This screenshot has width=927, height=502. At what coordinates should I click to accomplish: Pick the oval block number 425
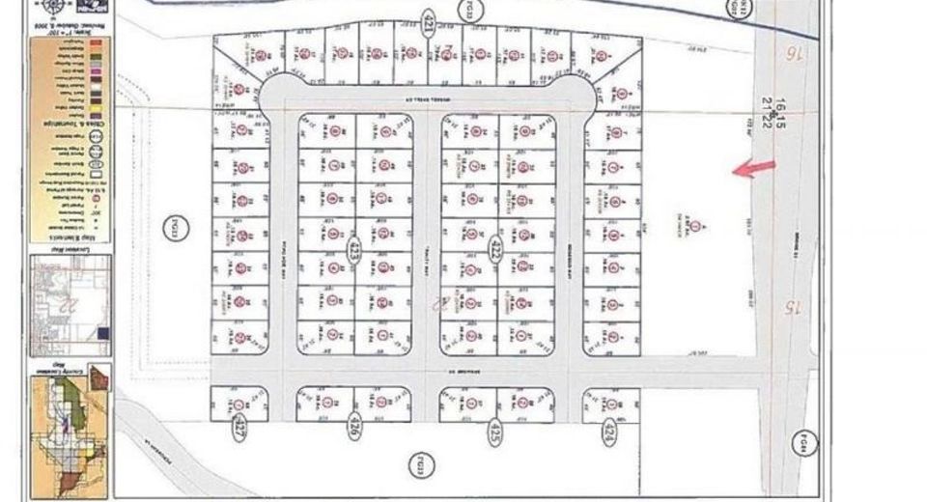pos(495,431)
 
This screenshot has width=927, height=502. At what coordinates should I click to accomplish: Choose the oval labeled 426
pos(353,431)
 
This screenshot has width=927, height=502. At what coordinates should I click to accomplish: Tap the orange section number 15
pos(790,308)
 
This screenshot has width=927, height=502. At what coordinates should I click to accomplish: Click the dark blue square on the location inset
pos(102,334)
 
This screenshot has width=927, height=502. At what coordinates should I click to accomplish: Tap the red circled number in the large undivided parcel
pos(694,227)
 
